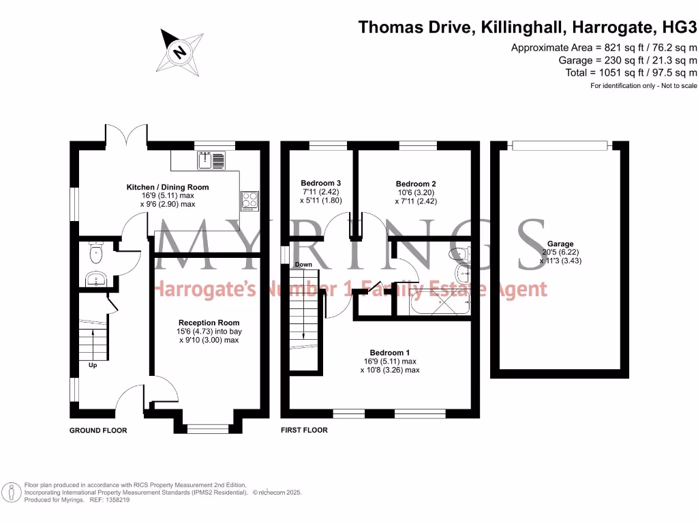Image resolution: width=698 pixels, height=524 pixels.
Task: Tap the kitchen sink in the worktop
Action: pyautogui.click(x=211, y=161)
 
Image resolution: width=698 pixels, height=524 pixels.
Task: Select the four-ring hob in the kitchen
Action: pyautogui.click(x=249, y=201)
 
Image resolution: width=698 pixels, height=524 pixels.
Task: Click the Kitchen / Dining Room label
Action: pyautogui.click(x=168, y=187)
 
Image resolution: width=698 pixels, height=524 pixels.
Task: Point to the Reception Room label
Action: pyautogui.click(x=209, y=323)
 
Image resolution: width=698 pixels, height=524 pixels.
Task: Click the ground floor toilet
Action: pyautogui.click(x=95, y=254)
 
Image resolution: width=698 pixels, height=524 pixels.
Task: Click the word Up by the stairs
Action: pyautogui.click(x=93, y=365)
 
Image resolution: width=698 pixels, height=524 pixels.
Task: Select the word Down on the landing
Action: pyautogui.click(x=303, y=265)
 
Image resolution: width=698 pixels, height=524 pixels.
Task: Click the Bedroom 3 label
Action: pyautogui.click(x=320, y=183)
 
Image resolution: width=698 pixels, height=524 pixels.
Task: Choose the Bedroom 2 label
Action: pyautogui.click(x=416, y=184)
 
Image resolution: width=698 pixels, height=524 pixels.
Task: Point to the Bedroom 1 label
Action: pyautogui.click(x=389, y=352)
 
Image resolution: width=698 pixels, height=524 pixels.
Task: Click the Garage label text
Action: pyautogui.click(x=560, y=244)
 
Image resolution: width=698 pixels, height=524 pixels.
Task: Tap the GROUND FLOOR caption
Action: pyautogui.click(x=98, y=431)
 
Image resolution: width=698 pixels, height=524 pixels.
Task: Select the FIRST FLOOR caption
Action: pyautogui.click(x=304, y=431)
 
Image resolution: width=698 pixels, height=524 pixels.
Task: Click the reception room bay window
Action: pyautogui.click(x=208, y=428)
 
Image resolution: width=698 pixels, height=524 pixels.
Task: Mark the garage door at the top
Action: pyautogui.click(x=559, y=145)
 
